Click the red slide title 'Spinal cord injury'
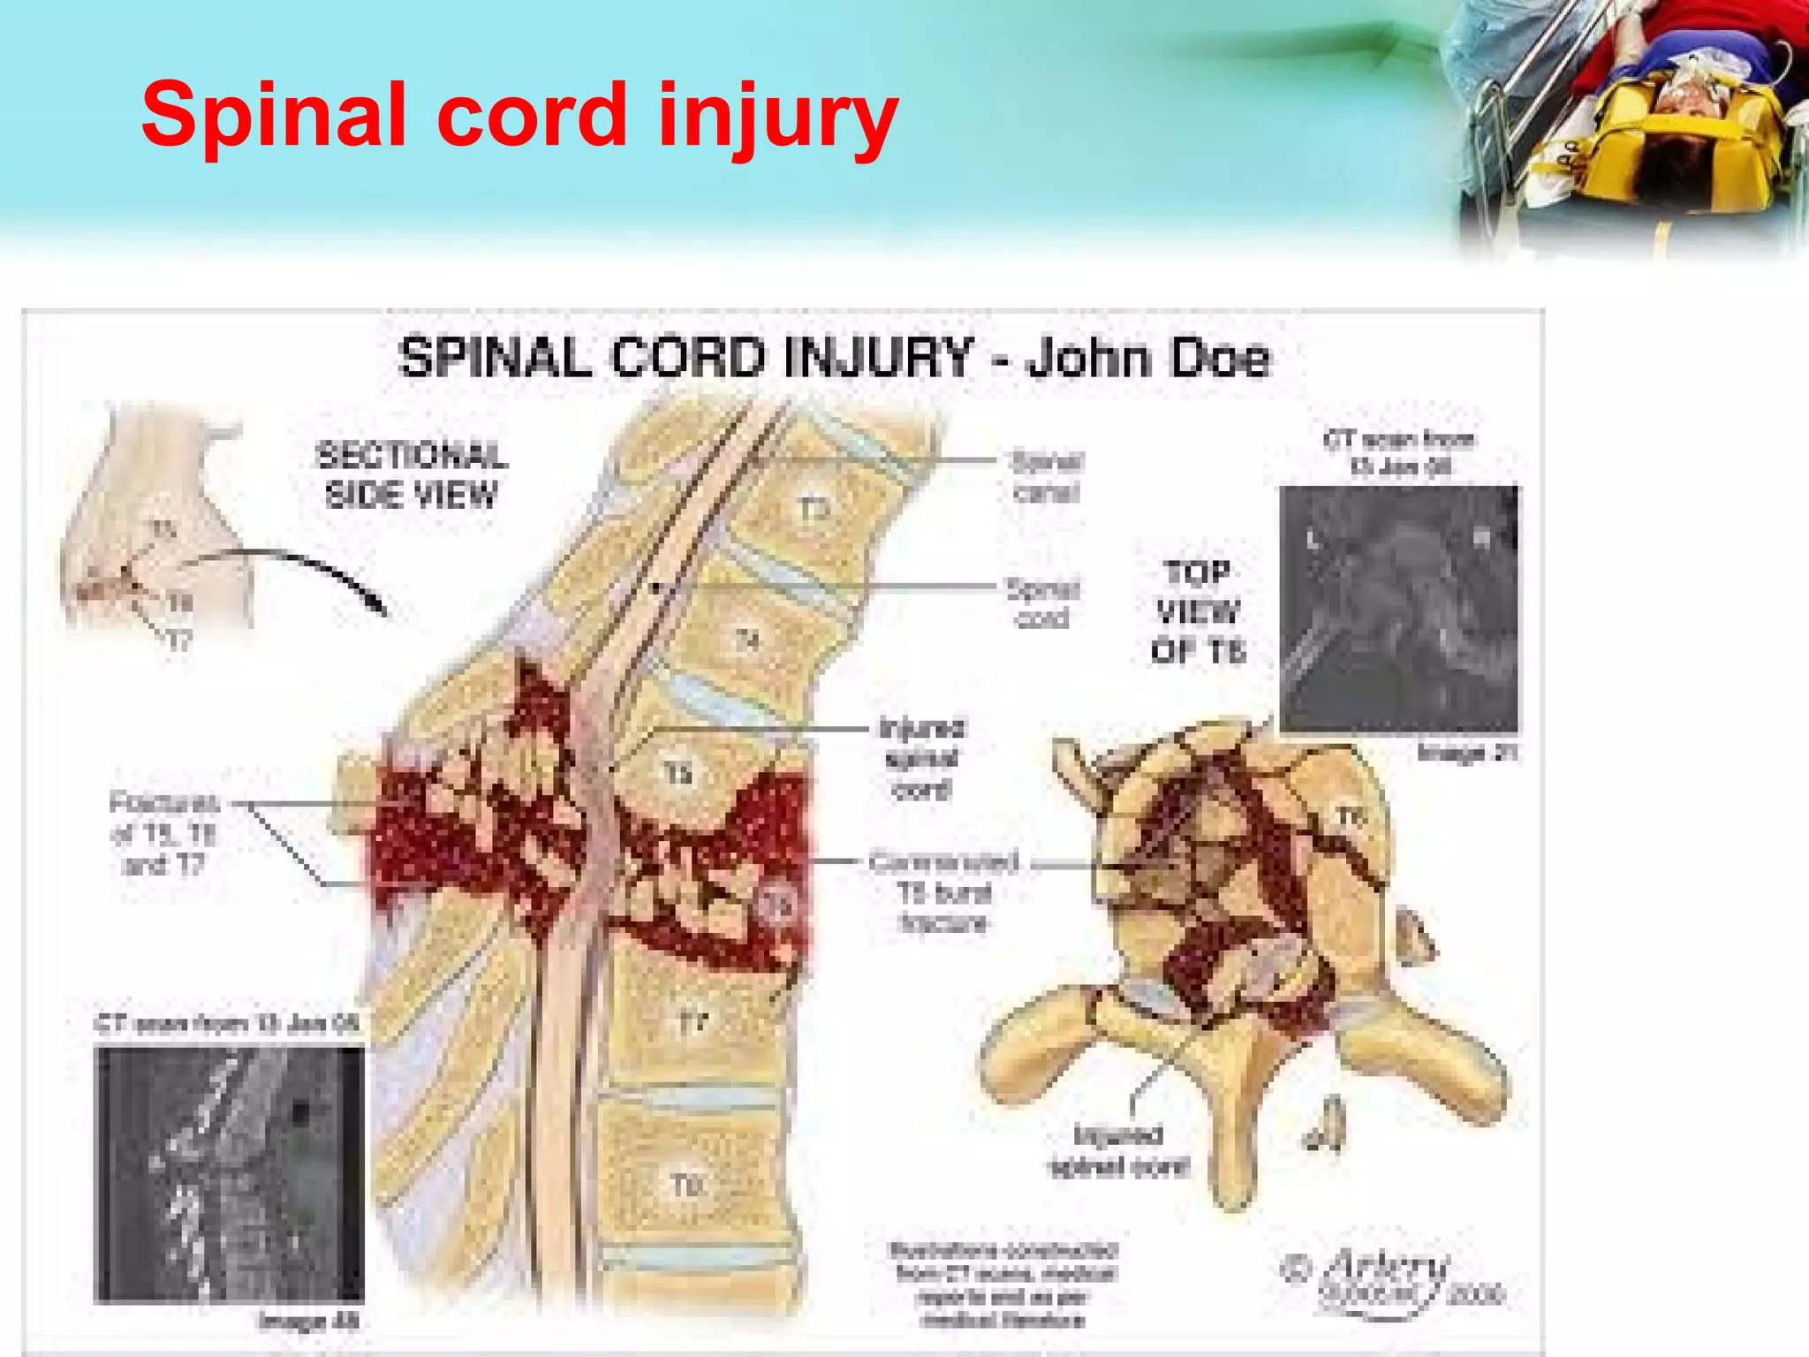point(519,116)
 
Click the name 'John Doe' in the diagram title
point(1148,359)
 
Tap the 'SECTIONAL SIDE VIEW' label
point(412,475)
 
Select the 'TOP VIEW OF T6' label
point(1198,612)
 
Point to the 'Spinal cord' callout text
point(1043,603)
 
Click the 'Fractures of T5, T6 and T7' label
point(164,833)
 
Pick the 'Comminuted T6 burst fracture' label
point(944,891)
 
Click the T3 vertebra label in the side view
point(814,510)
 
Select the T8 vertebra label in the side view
point(686,1185)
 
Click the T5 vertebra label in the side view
point(677,774)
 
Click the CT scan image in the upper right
point(1398,609)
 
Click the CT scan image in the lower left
point(229,1174)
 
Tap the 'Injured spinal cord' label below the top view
point(1118,1150)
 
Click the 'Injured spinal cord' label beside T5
point(922,758)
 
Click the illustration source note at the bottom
point(1003,1285)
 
